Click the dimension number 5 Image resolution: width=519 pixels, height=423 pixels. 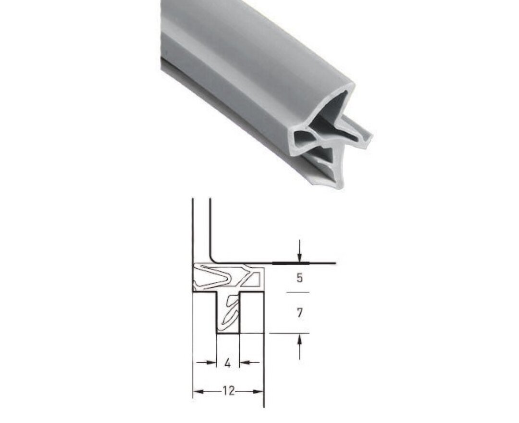point(299,278)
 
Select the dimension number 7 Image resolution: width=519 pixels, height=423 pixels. point(299,313)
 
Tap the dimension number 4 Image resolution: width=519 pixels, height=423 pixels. point(228,363)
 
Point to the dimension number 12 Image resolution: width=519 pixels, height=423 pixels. point(228,391)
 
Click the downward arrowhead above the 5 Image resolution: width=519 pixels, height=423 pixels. point(299,259)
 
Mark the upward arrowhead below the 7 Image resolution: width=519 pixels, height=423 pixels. point(299,338)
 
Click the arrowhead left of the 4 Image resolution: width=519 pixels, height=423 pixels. point(211,362)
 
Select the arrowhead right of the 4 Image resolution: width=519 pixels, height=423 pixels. point(244,362)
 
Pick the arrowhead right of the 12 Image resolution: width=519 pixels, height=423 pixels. point(259,392)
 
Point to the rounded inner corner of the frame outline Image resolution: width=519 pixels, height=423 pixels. point(213,260)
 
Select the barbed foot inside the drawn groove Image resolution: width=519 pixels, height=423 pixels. point(230,312)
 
